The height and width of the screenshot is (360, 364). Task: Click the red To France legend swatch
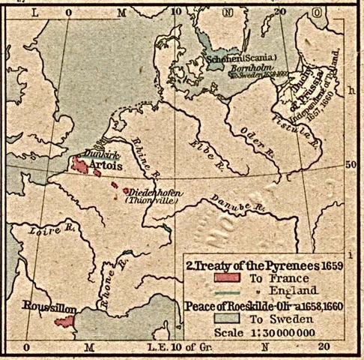[x=200, y=277]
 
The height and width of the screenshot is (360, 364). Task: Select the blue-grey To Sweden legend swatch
[x=200, y=316]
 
